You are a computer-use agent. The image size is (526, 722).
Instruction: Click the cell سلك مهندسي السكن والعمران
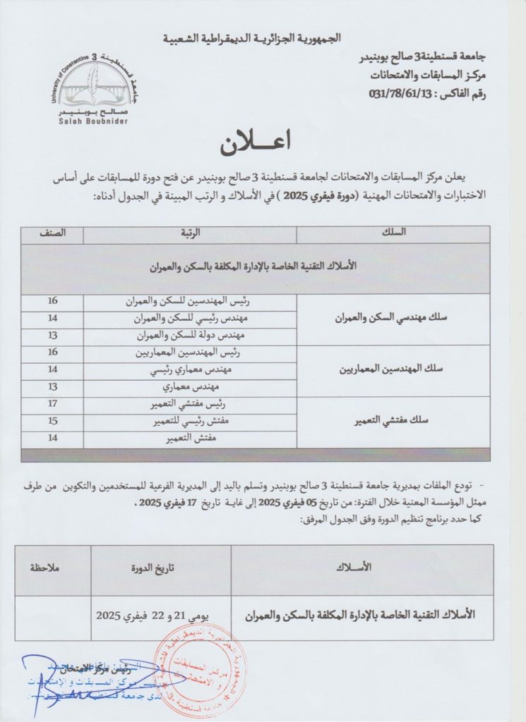point(393,318)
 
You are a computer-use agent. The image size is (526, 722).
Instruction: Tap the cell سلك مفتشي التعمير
point(393,422)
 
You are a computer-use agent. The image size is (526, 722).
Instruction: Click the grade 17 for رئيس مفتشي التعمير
point(52,405)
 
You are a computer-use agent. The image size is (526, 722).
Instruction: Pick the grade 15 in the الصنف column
point(52,422)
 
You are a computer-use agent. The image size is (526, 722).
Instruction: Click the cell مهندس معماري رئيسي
point(189,369)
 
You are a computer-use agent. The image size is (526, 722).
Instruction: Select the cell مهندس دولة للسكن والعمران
point(189,335)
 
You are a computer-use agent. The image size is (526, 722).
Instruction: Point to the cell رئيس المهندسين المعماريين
point(189,352)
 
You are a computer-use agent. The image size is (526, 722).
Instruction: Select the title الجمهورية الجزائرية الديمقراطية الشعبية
point(262,37)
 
